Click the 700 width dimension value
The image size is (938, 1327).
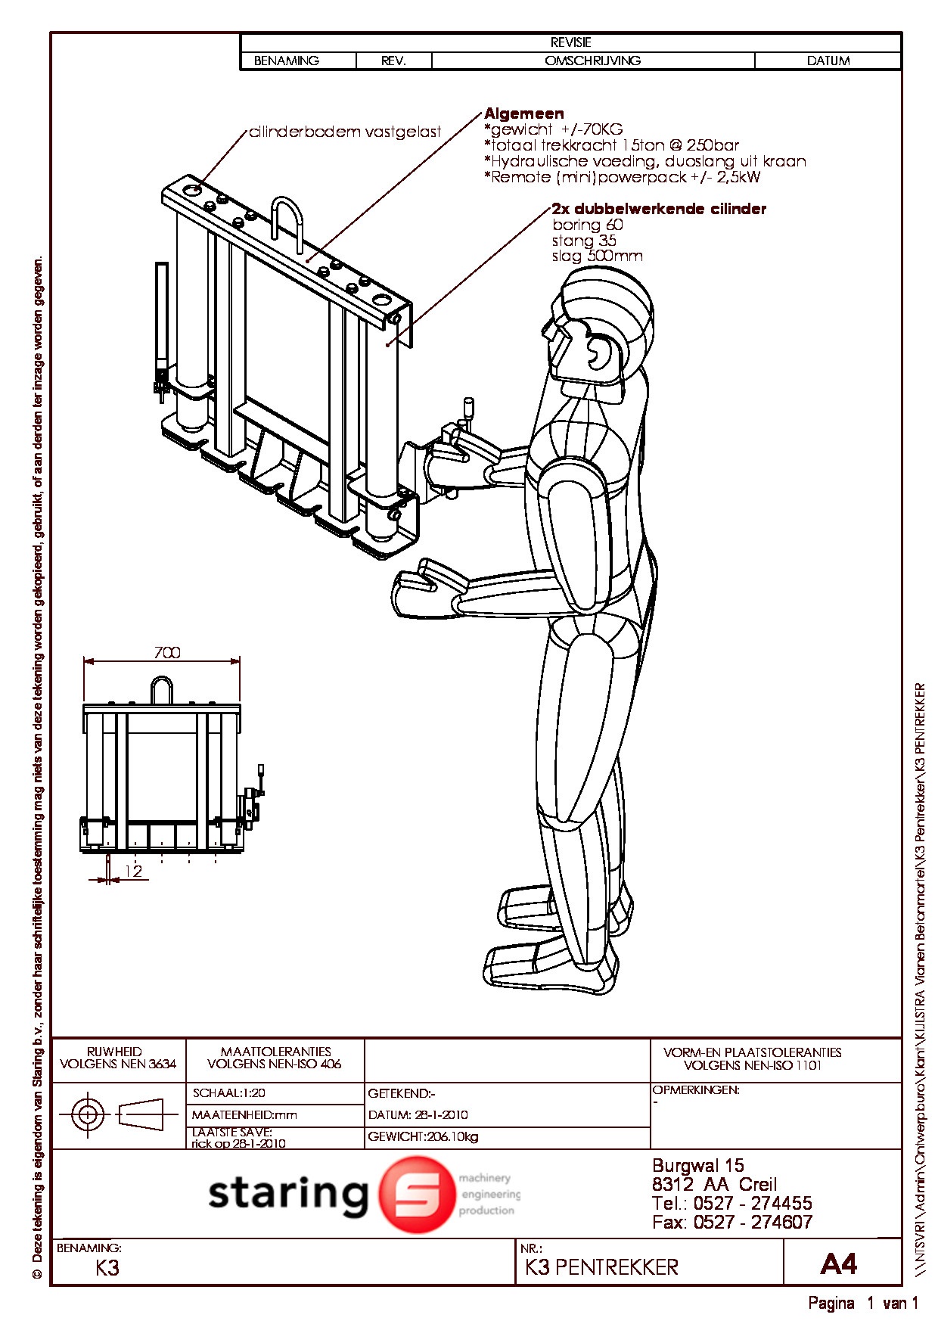[x=167, y=652]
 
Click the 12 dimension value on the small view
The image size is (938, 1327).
[x=133, y=872]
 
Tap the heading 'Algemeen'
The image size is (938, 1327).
[x=524, y=113]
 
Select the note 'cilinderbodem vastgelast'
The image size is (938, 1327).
[x=345, y=132]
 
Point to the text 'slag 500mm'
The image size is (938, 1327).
[x=597, y=256]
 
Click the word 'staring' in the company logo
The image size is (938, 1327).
[x=287, y=1195]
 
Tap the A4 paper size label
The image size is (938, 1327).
[x=839, y=1264]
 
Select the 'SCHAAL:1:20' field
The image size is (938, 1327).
[x=229, y=1093]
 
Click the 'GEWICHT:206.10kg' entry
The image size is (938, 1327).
[x=423, y=1136]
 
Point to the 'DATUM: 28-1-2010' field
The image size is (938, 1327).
[x=418, y=1114]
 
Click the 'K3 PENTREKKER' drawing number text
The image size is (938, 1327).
[x=601, y=1267]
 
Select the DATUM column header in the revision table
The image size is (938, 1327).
[x=828, y=61]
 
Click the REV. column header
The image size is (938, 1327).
[x=393, y=61]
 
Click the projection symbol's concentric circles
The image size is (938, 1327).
[x=88, y=1114]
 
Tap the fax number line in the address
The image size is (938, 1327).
[x=731, y=1221]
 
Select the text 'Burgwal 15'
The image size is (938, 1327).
[x=697, y=1165]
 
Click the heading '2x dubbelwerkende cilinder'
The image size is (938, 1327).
[x=659, y=209]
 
